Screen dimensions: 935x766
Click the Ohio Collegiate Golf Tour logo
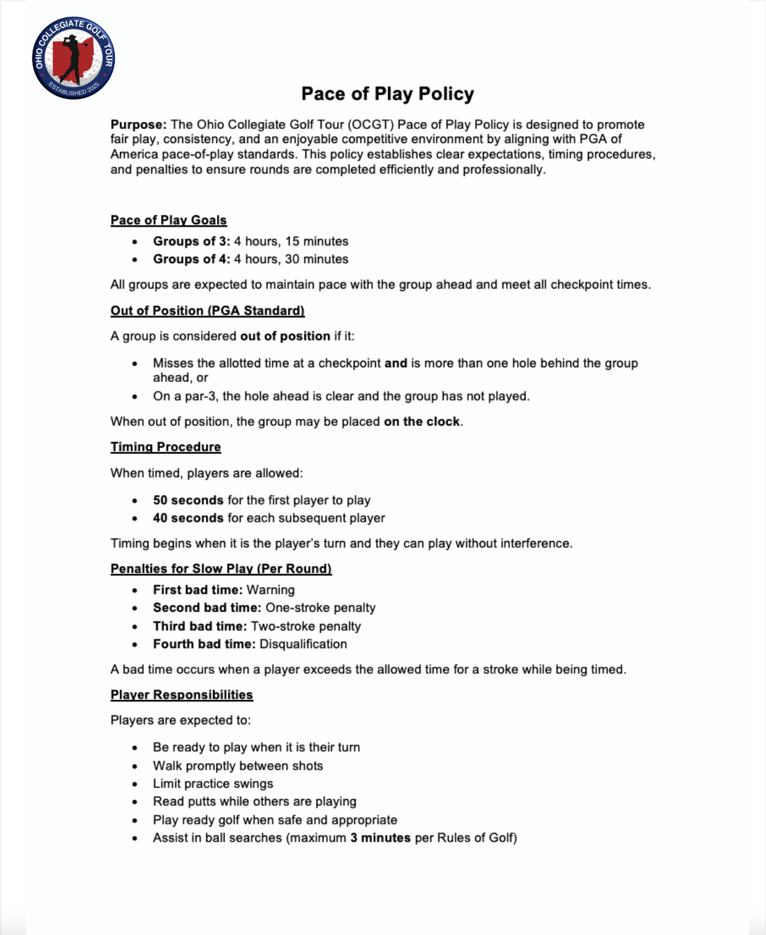coord(73,58)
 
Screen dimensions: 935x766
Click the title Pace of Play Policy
coord(387,94)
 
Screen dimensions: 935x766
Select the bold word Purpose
coord(138,125)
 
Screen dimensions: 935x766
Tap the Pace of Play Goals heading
coord(169,220)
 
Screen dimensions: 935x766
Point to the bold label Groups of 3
coord(191,241)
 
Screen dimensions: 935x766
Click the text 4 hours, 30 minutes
coord(291,259)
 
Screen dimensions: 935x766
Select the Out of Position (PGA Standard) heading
coord(207,311)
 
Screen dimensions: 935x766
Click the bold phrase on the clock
coord(421,422)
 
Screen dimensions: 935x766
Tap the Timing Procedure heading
coord(165,447)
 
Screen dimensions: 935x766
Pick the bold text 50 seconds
coord(188,500)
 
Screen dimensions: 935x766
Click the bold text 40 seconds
coord(188,518)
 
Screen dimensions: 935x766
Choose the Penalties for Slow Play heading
coord(221,569)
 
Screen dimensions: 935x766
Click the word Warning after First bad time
coord(271,590)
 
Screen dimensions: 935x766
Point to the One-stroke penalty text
coord(320,608)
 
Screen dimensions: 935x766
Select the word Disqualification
coord(303,644)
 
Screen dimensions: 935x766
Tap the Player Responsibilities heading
coord(181,695)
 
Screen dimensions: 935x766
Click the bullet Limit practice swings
coord(213,784)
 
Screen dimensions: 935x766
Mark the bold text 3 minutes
coord(380,838)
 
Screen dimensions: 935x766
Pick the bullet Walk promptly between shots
coord(237,766)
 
